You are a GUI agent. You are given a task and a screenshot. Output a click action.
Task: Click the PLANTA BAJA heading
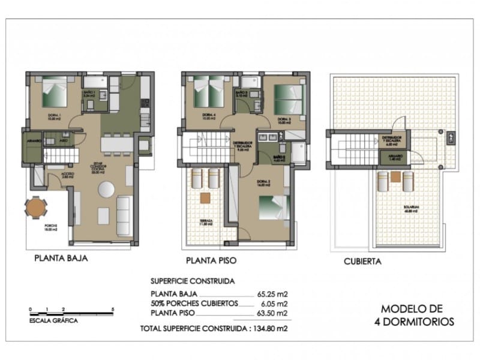61,259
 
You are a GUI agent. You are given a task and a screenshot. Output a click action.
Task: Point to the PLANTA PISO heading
211,260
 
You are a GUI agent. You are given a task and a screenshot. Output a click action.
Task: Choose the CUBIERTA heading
362,261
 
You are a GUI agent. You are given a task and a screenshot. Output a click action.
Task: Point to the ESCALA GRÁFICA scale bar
71,313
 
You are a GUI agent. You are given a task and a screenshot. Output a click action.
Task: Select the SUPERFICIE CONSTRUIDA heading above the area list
192,281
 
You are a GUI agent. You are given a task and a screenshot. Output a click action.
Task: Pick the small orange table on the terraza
205,197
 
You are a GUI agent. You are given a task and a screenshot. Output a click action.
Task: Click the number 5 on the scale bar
113,308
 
